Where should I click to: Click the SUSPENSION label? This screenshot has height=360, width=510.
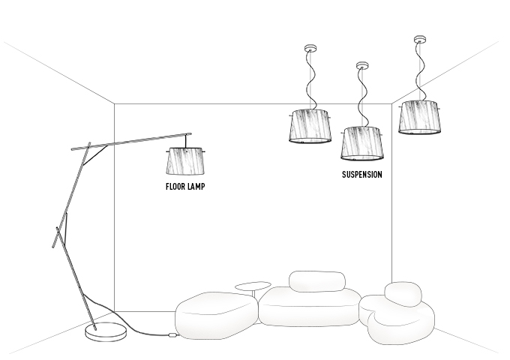362,175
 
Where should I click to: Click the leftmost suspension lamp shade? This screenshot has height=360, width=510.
310,125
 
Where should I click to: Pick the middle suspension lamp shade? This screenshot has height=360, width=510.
363,142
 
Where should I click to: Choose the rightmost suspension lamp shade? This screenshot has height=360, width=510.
420,117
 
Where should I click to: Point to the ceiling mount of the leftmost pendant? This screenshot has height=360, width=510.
310,49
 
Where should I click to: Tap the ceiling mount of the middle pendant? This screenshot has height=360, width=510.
363,65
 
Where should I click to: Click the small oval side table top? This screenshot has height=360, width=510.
253,285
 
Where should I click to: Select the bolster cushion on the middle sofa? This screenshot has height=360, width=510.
316,280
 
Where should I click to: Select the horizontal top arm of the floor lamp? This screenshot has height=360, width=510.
131,142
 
